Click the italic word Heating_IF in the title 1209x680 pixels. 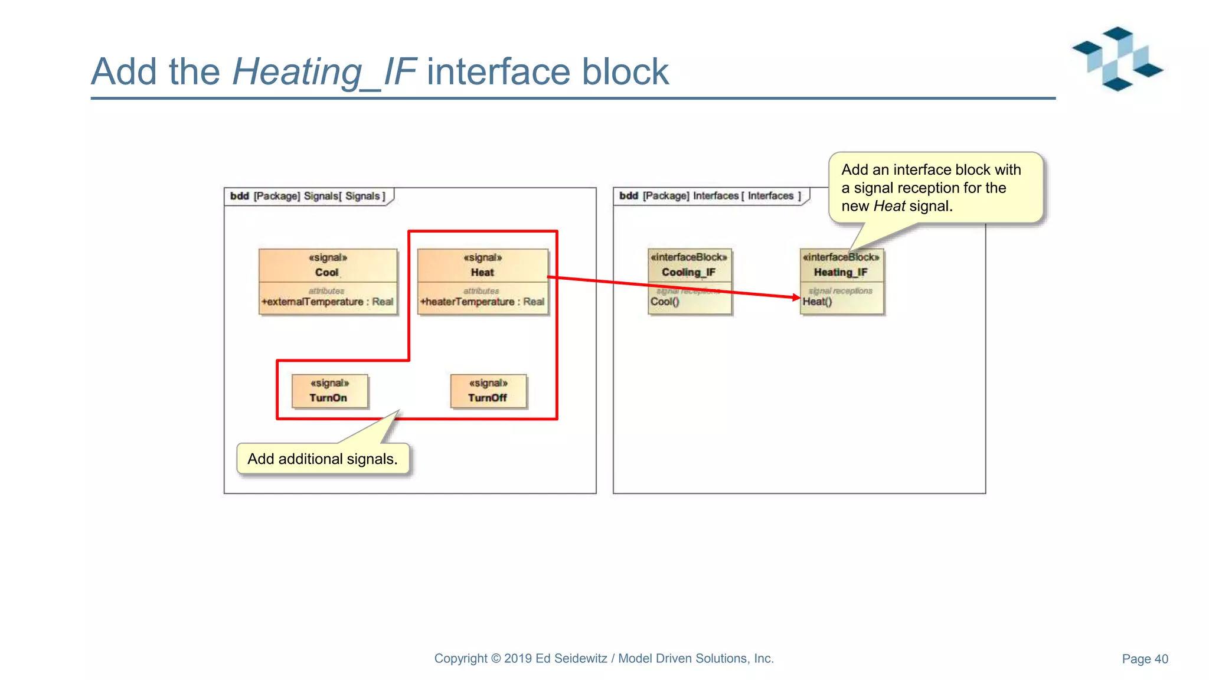click(x=325, y=72)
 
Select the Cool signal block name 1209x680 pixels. click(x=326, y=272)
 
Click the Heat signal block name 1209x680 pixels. click(x=482, y=272)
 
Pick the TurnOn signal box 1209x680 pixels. click(x=329, y=391)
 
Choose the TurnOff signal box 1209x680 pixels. click(x=488, y=391)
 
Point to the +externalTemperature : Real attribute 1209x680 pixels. click(x=327, y=302)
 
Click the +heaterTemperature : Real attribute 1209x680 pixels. click(x=482, y=302)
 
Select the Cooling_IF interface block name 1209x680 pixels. click(x=688, y=272)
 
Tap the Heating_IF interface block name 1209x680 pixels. click(x=841, y=272)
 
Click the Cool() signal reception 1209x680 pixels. click(x=665, y=302)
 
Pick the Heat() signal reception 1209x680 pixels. click(x=818, y=302)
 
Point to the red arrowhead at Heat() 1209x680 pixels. click(x=796, y=297)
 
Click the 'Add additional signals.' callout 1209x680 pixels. click(x=322, y=459)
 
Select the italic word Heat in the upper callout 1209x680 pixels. click(x=889, y=206)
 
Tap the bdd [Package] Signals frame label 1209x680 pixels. click(x=307, y=196)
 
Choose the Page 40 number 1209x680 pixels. click(x=1145, y=659)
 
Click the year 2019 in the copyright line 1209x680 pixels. click(x=518, y=658)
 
